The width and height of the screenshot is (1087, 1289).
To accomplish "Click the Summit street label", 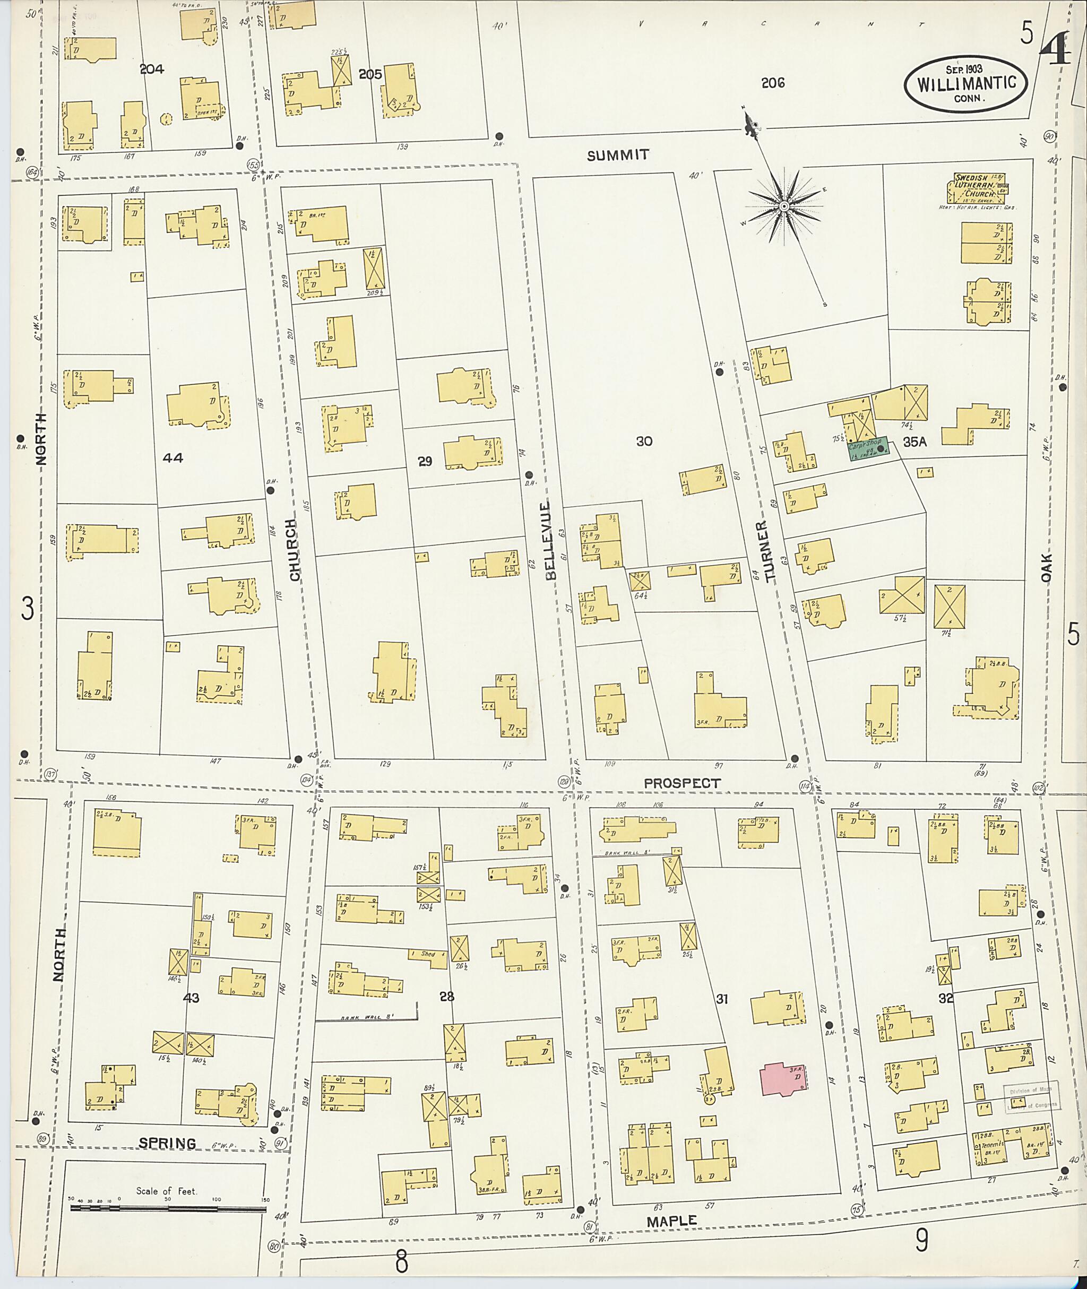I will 617,155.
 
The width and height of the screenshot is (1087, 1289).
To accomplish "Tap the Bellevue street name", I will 550,540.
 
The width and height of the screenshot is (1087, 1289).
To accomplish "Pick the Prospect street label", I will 681,783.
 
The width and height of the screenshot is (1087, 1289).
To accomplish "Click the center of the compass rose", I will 784,206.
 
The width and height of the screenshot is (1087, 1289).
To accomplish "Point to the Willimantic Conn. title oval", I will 965,85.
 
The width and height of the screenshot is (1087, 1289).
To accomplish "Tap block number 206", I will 772,83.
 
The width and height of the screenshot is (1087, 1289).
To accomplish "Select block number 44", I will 173,457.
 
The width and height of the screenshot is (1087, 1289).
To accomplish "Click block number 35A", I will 915,442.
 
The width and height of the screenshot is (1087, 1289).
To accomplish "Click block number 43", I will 191,998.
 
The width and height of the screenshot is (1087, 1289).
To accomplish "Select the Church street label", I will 294,550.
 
